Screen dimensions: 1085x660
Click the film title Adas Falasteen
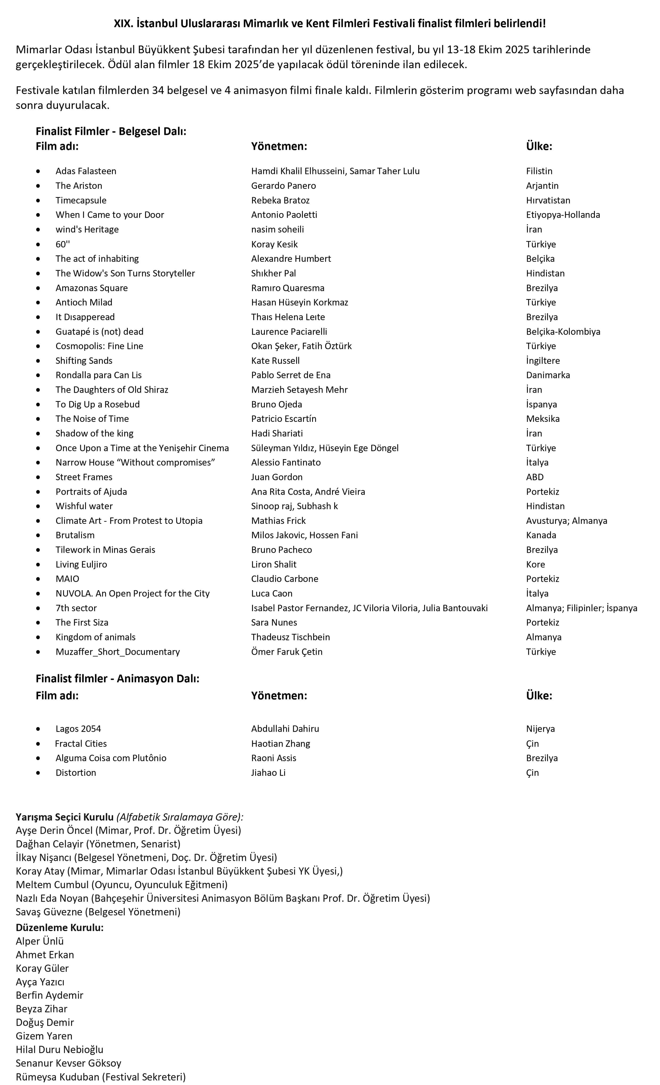86,171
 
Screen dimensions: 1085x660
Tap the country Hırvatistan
548,200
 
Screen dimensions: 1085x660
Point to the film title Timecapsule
81,200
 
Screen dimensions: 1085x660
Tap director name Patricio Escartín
283,418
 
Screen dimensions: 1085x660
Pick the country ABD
535,477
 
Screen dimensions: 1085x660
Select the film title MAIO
67,579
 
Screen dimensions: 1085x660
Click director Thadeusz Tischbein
290,637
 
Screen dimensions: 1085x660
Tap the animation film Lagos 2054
78,728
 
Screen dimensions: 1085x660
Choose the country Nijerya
540,728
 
